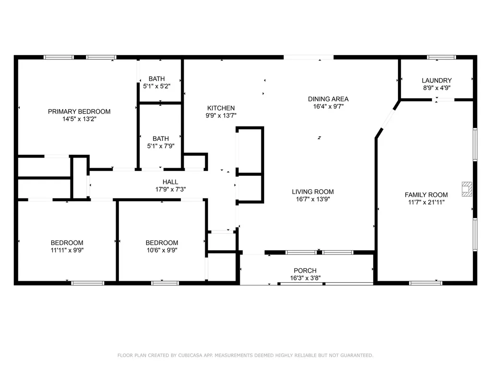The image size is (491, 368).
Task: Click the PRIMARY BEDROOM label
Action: coord(79,112)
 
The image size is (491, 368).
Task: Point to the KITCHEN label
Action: coord(221,108)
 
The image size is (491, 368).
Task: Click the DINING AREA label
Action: coord(328,99)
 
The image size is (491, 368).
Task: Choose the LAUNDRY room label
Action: coord(436,80)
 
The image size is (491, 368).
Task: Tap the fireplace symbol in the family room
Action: coord(466,189)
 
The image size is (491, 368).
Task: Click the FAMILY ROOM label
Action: coord(426,195)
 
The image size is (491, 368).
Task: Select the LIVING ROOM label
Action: coord(313,192)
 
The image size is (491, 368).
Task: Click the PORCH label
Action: coord(305,271)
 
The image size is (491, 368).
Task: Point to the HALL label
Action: coord(170,182)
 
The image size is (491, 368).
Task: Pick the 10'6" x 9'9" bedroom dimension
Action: coord(162,250)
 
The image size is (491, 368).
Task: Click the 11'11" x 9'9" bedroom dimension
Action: coord(67,250)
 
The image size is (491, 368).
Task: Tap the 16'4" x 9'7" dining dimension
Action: coord(328,107)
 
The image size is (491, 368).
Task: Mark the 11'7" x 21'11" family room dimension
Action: coord(426,202)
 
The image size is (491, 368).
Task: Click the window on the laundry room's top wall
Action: coord(441,57)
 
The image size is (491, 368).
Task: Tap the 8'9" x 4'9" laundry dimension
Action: coord(436,88)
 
